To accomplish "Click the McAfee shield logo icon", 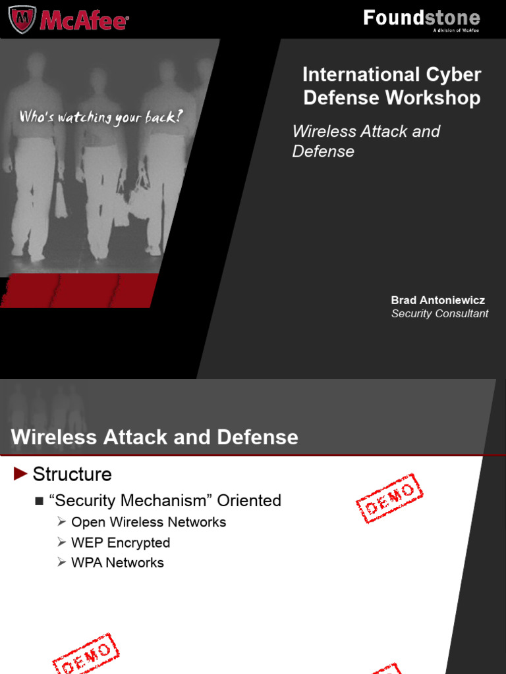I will pyautogui.click(x=22, y=19).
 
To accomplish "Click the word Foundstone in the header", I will pyautogui.click(x=422, y=18).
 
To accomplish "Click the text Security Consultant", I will pyautogui.click(x=439, y=313).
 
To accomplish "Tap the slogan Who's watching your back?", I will pyautogui.click(x=101, y=117).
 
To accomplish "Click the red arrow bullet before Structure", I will pyautogui.click(x=20, y=473).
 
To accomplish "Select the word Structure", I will pyautogui.click(x=72, y=474).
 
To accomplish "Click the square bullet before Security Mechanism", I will pyautogui.click(x=39, y=502).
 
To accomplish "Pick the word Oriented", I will pyautogui.click(x=249, y=501).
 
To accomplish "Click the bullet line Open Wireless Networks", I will pyautogui.click(x=148, y=522).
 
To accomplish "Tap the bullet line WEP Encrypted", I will pyautogui.click(x=121, y=542).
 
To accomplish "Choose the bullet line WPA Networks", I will pyautogui.click(x=117, y=563).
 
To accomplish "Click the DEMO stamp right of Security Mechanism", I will pyautogui.click(x=389, y=498).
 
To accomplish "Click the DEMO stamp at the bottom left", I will pyautogui.click(x=85, y=654).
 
